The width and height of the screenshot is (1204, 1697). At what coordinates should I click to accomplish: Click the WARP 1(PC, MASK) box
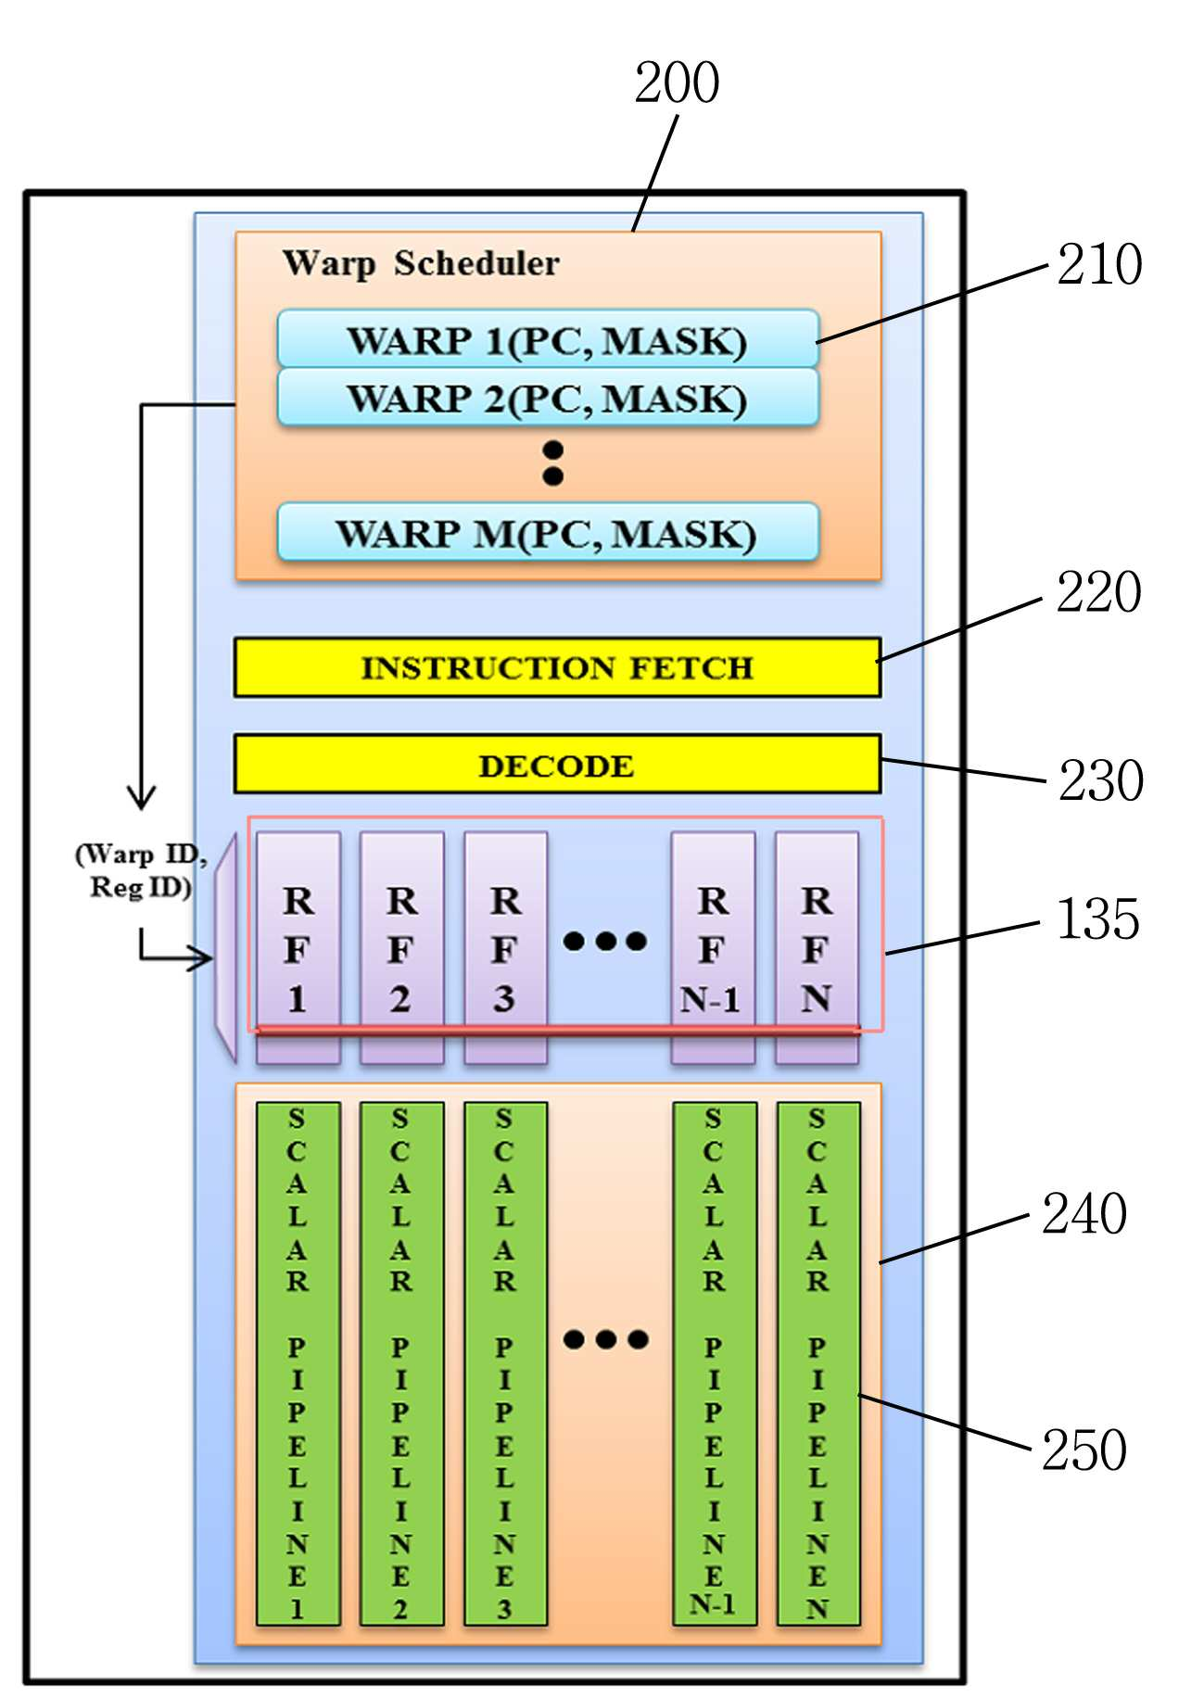(x=548, y=339)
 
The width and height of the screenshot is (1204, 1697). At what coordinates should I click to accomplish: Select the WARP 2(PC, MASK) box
(x=548, y=398)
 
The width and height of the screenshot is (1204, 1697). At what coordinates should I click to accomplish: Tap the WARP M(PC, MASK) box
(x=548, y=532)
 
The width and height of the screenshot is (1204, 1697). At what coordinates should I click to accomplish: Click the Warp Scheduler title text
(x=421, y=264)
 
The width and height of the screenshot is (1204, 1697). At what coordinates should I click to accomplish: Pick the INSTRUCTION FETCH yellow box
(x=557, y=666)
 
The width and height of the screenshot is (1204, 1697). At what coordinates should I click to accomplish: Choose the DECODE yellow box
(x=557, y=764)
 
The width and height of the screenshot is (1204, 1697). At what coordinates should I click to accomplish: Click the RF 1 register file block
(x=298, y=947)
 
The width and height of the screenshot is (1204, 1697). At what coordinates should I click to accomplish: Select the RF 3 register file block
(x=505, y=947)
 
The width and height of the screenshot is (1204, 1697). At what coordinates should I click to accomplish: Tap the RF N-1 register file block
(x=713, y=947)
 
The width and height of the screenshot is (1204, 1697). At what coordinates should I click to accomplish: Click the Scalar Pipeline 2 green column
(x=401, y=1363)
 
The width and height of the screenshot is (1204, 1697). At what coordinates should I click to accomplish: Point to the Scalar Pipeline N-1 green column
(x=714, y=1363)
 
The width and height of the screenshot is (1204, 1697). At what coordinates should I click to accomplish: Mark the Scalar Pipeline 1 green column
(x=298, y=1363)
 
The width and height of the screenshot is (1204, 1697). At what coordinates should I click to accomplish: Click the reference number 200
(x=677, y=82)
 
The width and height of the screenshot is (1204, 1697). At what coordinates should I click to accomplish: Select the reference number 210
(x=1099, y=264)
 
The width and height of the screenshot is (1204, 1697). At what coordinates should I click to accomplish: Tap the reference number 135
(x=1098, y=919)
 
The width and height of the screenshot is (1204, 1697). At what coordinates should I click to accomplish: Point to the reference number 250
(x=1084, y=1450)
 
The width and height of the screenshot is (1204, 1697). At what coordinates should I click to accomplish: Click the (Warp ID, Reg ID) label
(x=141, y=870)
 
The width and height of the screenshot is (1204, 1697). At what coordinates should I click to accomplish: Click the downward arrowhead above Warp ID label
(x=141, y=797)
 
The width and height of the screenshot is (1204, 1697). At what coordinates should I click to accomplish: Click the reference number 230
(x=1101, y=780)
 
